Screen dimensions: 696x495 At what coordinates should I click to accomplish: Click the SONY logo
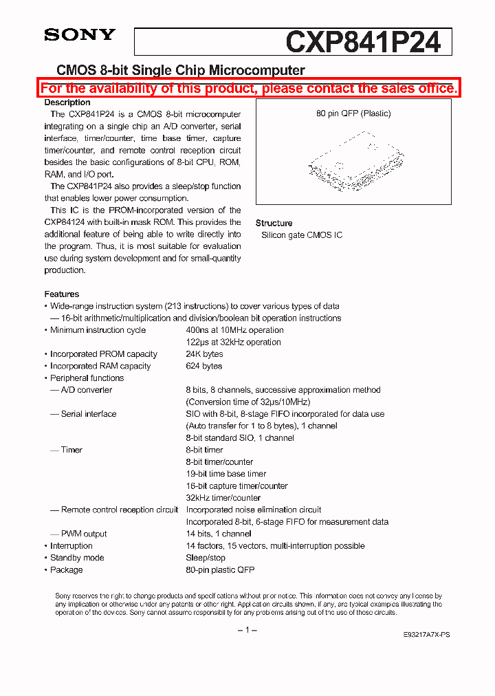80,34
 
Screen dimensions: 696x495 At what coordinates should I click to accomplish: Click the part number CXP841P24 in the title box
362,42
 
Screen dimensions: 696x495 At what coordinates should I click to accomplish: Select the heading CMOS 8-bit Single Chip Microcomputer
180,70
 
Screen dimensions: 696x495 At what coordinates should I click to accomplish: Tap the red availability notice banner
248,88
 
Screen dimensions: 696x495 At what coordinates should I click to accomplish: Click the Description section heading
67,102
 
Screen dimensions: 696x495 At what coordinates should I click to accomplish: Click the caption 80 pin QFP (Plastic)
353,113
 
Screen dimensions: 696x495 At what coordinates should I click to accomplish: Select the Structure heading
274,223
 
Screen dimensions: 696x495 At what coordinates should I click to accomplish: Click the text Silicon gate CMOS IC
301,235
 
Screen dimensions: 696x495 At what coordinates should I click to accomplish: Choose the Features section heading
62,294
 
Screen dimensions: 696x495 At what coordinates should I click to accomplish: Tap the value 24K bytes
204,354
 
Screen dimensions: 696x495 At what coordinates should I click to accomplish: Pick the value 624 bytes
204,366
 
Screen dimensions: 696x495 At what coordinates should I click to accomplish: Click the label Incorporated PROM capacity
103,354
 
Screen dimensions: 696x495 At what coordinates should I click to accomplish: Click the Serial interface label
89,414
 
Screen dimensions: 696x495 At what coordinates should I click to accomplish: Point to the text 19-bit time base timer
226,474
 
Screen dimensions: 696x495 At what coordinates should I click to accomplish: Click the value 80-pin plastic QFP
220,569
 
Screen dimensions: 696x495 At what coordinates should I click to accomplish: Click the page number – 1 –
247,630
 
